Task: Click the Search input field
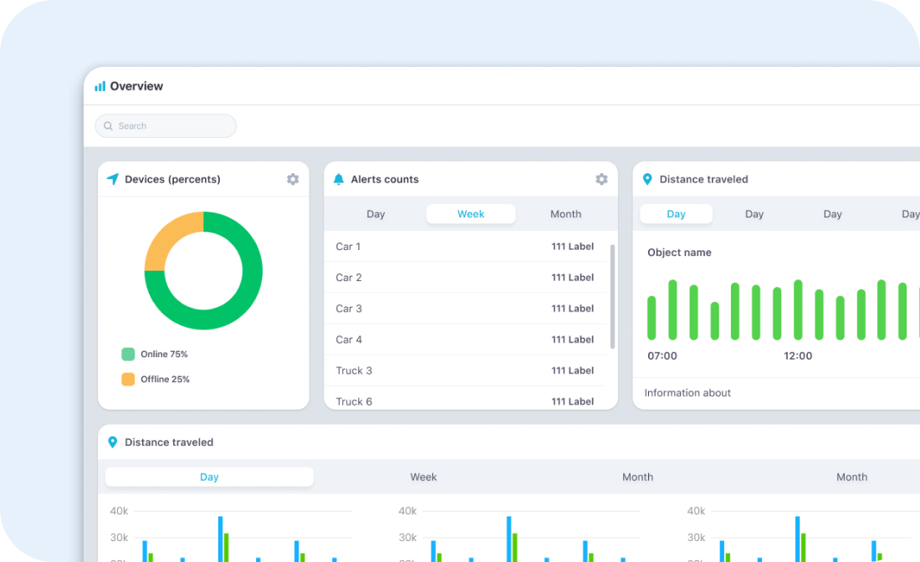(166, 126)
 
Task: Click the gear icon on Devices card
(293, 179)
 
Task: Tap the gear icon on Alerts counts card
(601, 179)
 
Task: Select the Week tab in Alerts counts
(471, 214)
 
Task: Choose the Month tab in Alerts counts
(565, 214)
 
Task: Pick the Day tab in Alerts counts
(376, 214)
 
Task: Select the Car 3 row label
(349, 309)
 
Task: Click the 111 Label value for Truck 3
(572, 370)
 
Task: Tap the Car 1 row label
(348, 247)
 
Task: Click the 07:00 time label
(662, 356)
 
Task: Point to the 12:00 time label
(798, 356)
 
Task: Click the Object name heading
(679, 253)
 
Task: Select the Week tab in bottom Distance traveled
(423, 478)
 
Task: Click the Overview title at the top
(136, 86)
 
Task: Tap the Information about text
(687, 393)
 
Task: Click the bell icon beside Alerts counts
(339, 179)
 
